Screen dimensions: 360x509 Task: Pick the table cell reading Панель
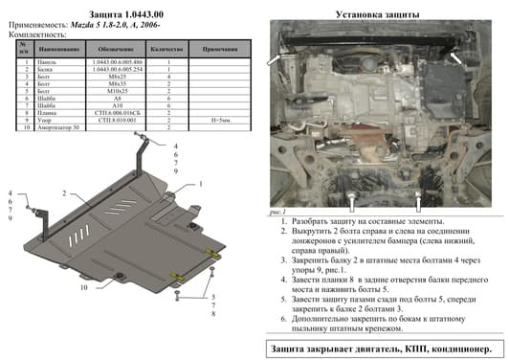(x=45, y=62)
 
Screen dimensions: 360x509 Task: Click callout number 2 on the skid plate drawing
(x=63, y=192)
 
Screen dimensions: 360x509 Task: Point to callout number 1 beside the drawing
(x=201, y=183)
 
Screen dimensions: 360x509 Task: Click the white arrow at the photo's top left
(x=276, y=60)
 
